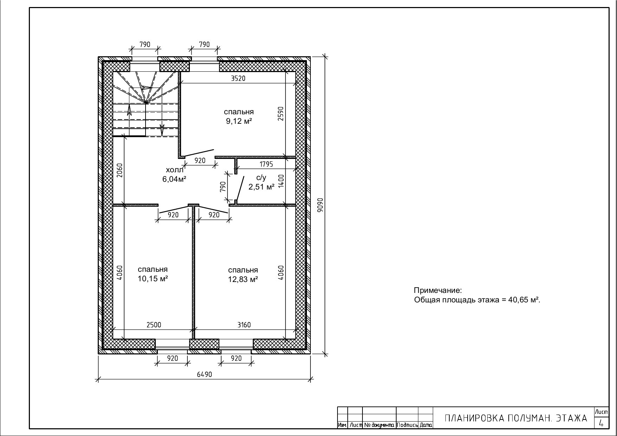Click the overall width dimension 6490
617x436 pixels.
click(204, 374)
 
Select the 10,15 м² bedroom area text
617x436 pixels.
click(153, 279)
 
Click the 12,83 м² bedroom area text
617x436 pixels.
click(243, 280)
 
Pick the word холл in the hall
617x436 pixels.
click(175, 170)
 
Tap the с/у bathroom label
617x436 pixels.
click(261, 178)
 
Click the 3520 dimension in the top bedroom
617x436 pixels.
click(238, 79)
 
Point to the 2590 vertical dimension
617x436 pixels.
click(281, 114)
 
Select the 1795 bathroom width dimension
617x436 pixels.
click(266, 164)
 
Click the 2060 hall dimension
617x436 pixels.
click(120, 171)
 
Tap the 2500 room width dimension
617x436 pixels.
click(154, 325)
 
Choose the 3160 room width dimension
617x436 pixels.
click(244, 325)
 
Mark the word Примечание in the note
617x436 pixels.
click(437, 291)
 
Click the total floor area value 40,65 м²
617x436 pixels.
click(523, 300)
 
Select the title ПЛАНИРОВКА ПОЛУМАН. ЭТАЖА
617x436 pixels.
click(516, 418)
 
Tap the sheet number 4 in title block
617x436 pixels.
click(601, 424)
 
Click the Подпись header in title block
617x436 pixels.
click(407, 425)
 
